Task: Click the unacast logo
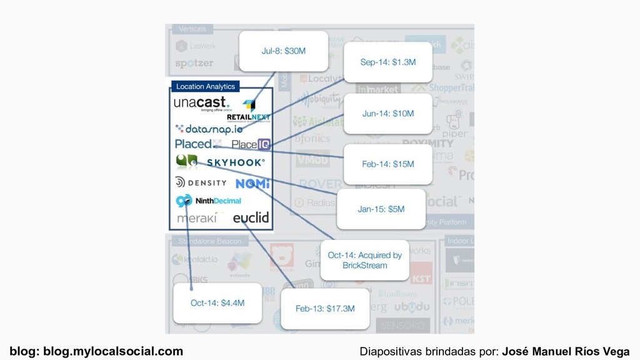[x=201, y=103]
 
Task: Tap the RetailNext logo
[x=248, y=111]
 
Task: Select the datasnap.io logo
[x=209, y=129]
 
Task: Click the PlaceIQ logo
[x=251, y=144]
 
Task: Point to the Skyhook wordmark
[x=236, y=162]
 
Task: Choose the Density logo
[x=201, y=182]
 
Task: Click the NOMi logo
[x=252, y=184]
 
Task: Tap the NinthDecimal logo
[x=209, y=201]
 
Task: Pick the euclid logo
[x=251, y=217]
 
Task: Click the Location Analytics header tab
[x=206, y=86]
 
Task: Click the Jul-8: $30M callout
[x=284, y=51]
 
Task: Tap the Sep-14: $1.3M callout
[x=387, y=62]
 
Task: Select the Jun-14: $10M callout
[x=387, y=114]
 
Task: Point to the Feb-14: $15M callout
[x=387, y=164]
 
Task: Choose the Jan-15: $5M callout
[x=381, y=209]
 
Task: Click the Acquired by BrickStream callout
[x=364, y=260]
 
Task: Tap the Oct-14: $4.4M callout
[x=217, y=303]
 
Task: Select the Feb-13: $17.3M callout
[x=325, y=308]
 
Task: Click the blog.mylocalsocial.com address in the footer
[x=113, y=351]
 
